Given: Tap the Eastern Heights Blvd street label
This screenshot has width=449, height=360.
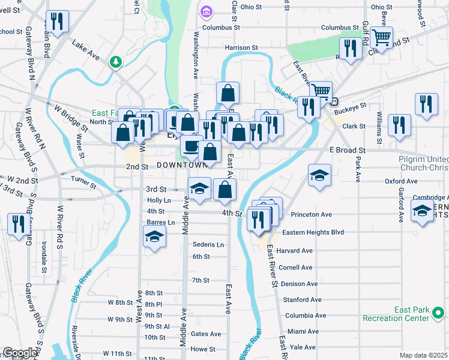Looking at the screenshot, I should [313, 232].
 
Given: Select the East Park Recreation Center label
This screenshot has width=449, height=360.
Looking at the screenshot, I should [412, 314].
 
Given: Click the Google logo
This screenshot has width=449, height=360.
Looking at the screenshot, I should [20, 353].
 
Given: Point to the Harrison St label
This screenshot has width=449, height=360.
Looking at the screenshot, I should [241, 47].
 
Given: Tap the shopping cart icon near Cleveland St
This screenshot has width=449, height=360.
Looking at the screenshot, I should [381, 38].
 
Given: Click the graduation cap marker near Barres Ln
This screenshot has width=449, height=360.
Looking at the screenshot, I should [154, 236].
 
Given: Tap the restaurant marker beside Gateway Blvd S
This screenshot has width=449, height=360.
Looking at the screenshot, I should [17, 224].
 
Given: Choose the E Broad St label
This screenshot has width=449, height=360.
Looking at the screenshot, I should [347, 150].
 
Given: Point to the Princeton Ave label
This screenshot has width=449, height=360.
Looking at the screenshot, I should [311, 214].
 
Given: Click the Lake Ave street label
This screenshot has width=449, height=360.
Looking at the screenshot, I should [85, 49].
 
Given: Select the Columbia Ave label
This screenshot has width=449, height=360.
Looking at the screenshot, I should [306, 316].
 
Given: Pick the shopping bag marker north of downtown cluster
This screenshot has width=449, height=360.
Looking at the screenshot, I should [228, 93].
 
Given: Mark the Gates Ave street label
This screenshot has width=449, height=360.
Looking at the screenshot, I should [205, 334].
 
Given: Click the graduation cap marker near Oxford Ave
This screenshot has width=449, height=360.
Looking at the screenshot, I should [319, 175].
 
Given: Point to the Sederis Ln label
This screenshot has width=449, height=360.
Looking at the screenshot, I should [208, 245].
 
